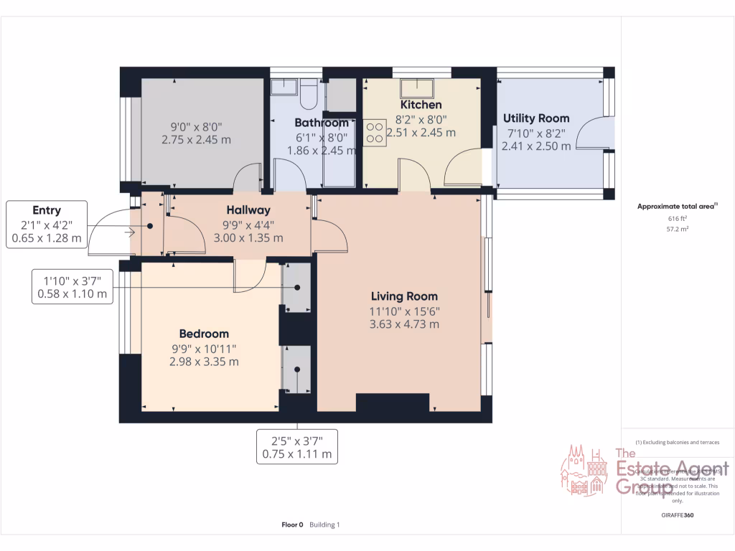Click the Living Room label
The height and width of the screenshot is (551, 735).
click(x=404, y=296)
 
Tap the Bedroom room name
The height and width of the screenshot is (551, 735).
click(x=204, y=334)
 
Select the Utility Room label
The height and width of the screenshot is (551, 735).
click(x=536, y=118)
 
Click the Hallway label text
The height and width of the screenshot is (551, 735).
click(x=248, y=210)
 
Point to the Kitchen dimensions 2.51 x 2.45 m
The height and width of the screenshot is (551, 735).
click(x=421, y=133)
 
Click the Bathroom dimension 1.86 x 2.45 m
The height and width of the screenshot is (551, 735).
click(x=322, y=151)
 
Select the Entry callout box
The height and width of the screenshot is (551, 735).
click(x=47, y=224)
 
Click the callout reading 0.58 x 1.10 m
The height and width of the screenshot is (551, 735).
click(x=72, y=287)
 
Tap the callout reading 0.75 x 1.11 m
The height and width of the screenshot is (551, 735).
click(x=297, y=447)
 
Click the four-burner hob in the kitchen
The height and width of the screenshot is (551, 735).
click(x=375, y=133)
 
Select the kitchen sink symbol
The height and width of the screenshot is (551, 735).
click(x=416, y=88)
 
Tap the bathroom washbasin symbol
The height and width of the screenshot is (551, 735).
click(x=283, y=86)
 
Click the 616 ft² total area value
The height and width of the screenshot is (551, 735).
click(x=678, y=218)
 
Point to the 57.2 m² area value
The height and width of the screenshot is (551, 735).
click(x=678, y=230)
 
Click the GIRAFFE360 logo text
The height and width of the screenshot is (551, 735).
click(x=678, y=515)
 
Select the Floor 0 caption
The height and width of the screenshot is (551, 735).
click(x=292, y=525)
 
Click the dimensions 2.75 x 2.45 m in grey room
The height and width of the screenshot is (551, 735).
click(x=196, y=140)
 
